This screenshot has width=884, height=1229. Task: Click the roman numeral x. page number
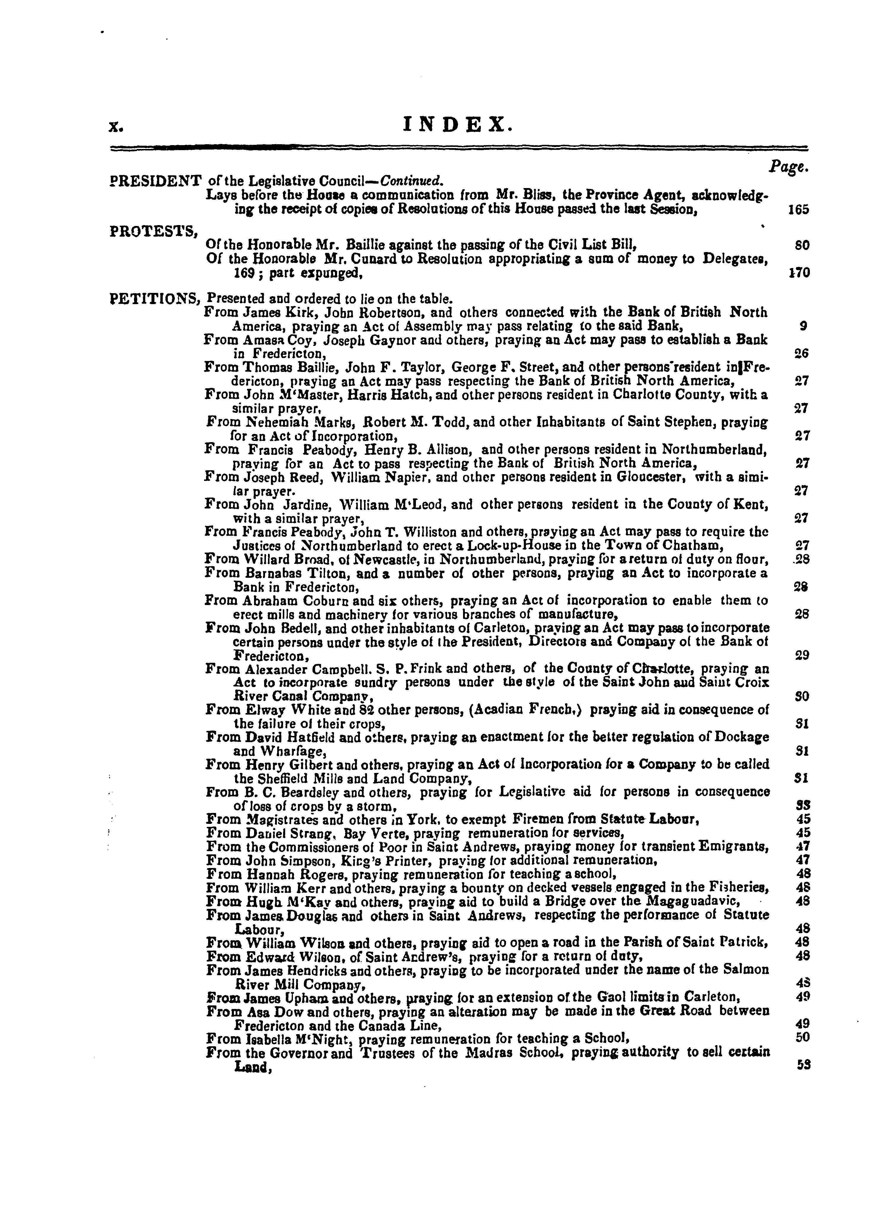pos(115,128)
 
